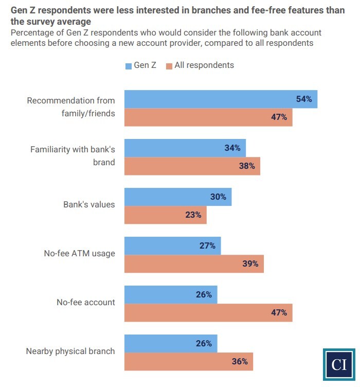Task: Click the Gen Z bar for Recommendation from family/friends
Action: pyautogui.click(x=221, y=99)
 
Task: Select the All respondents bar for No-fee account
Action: pyautogui.click(x=208, y=312)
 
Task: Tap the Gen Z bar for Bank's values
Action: pyautogui.click(x=178, y=197)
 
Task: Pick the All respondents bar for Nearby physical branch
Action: pyautogui.click(x=189, y=361)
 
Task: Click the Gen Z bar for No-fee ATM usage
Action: pyautogui.click(x=172, y=246)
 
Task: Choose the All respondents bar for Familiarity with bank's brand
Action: pyautogui.click(x=192, y=166)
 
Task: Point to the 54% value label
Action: pyautogui.click(x=304, y=99)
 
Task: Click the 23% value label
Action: pyautogui.click(x=193, y=215)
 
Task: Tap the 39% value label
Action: pyautogui.click(x=250, y=264)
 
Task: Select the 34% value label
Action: pyautogui.click(x=232, y=148)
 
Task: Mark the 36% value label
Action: pyautogui.click(x=240, y=361)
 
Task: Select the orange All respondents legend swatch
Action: pyautogui.click(x=169, y=66)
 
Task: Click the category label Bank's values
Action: pyautogui.click(x=89, y=204)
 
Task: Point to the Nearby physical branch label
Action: pyautogui.click(x=70, y=351)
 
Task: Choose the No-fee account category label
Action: pyautogui.click(x=85, y=302)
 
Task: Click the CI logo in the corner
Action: pyautogui.click(x=339, y=365)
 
